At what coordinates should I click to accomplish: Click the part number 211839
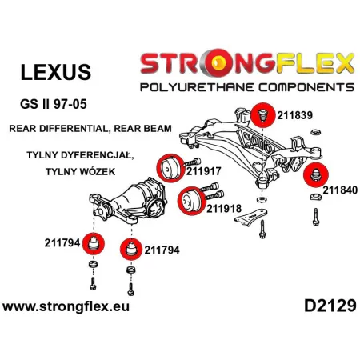point(294,115)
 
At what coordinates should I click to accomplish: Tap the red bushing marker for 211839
point(263,115)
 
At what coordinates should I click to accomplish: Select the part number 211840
point(340,190)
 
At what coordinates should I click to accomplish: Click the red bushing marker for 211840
point(316,175)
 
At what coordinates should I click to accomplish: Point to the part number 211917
point(204,171)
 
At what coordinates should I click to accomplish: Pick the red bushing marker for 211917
point(170,168)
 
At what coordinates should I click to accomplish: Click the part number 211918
point(224,209)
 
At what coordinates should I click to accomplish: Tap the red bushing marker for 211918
point(191,201)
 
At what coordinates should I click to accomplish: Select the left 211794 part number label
point(62,243)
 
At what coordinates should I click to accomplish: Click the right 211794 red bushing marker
point(131,250)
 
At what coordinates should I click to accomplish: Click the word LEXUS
point(56,72)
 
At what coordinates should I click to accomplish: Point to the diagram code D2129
point(330,306)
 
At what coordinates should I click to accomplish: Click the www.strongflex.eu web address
point(66,306)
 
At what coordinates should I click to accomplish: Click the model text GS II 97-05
point(54,104)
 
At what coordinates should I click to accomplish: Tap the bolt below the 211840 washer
point(316,217)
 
